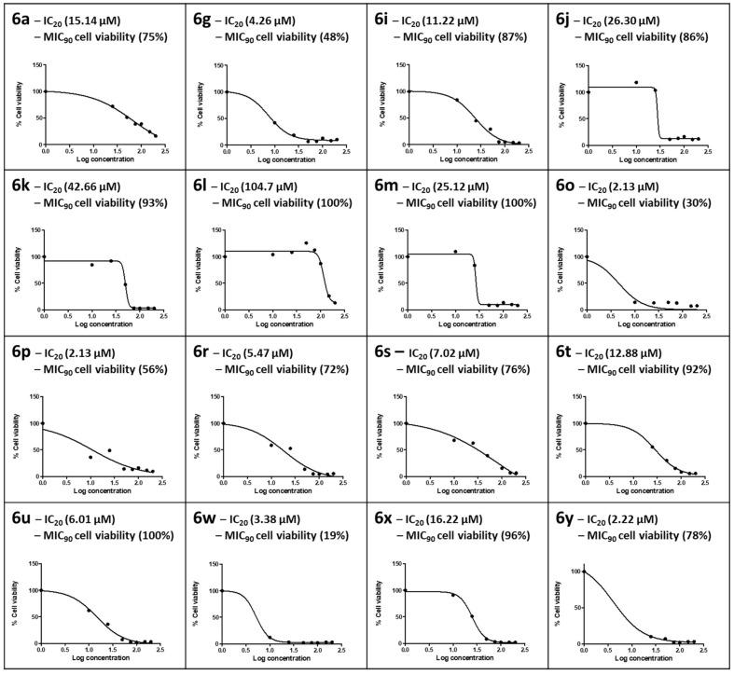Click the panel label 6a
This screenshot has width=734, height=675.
pyautogui.click(x=19, y=20)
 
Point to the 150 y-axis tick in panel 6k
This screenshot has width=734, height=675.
pyautogui.click(x=34, y=229)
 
